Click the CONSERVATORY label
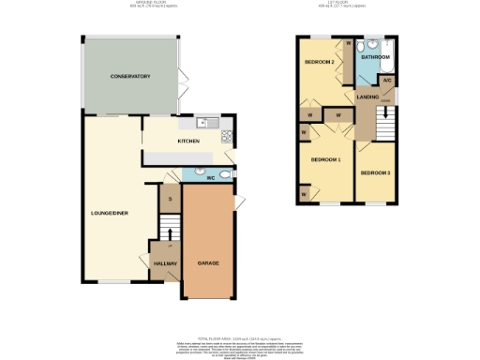point(130,75)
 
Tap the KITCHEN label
point(188,142)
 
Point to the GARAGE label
point(208,263)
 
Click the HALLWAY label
point(165,263)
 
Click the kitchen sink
point(207,123)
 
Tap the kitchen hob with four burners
point(227,138)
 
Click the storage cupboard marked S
point(170,199)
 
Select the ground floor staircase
point(168,229)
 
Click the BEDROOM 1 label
point(325,160)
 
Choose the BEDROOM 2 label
point(320,63)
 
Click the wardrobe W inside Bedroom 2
point(348,44)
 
